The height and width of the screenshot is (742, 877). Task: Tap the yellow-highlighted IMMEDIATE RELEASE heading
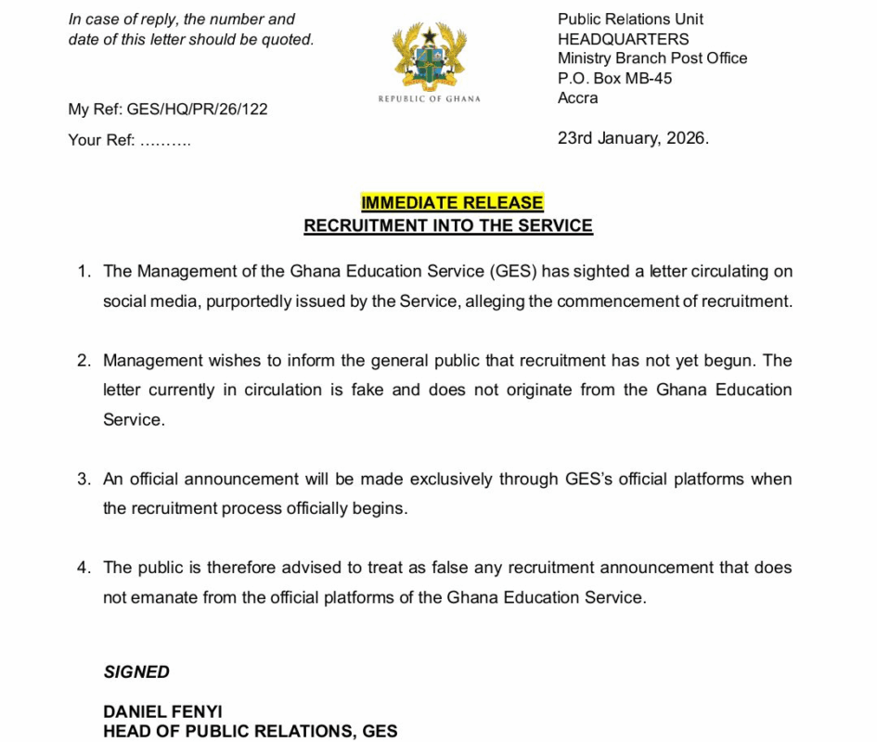pyautogui.click(x=452, y=203)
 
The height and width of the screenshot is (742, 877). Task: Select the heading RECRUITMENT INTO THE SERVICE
pyautogui.click(x=448, y=225)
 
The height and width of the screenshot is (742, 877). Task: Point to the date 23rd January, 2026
pyautogui.click(x=633, y=138)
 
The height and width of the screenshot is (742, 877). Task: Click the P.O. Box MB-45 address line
pyautogui.click(x=615, y=78)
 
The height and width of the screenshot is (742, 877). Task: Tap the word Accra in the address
pyautogui.click(x=578, y=98)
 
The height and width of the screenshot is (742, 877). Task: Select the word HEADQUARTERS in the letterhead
pyautogui.click(x=624, y=39)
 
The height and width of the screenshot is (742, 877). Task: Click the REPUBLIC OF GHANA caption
pyautogui.click(x=430, y=99)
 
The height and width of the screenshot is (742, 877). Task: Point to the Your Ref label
pyautogui.click(x=101, y=141)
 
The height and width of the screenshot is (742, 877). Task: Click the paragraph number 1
pyautogui.click(x=84, y=272)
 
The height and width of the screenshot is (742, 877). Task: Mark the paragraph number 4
pyautogui.click(x=84, y=568)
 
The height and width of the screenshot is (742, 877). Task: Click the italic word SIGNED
pyautogui.click(x=136, y=672)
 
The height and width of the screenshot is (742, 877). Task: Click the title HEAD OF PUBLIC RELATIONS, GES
pyautogui.click(x=251, y=732)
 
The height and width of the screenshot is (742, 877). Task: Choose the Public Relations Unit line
pyautogui.click(x=630, y=19)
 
